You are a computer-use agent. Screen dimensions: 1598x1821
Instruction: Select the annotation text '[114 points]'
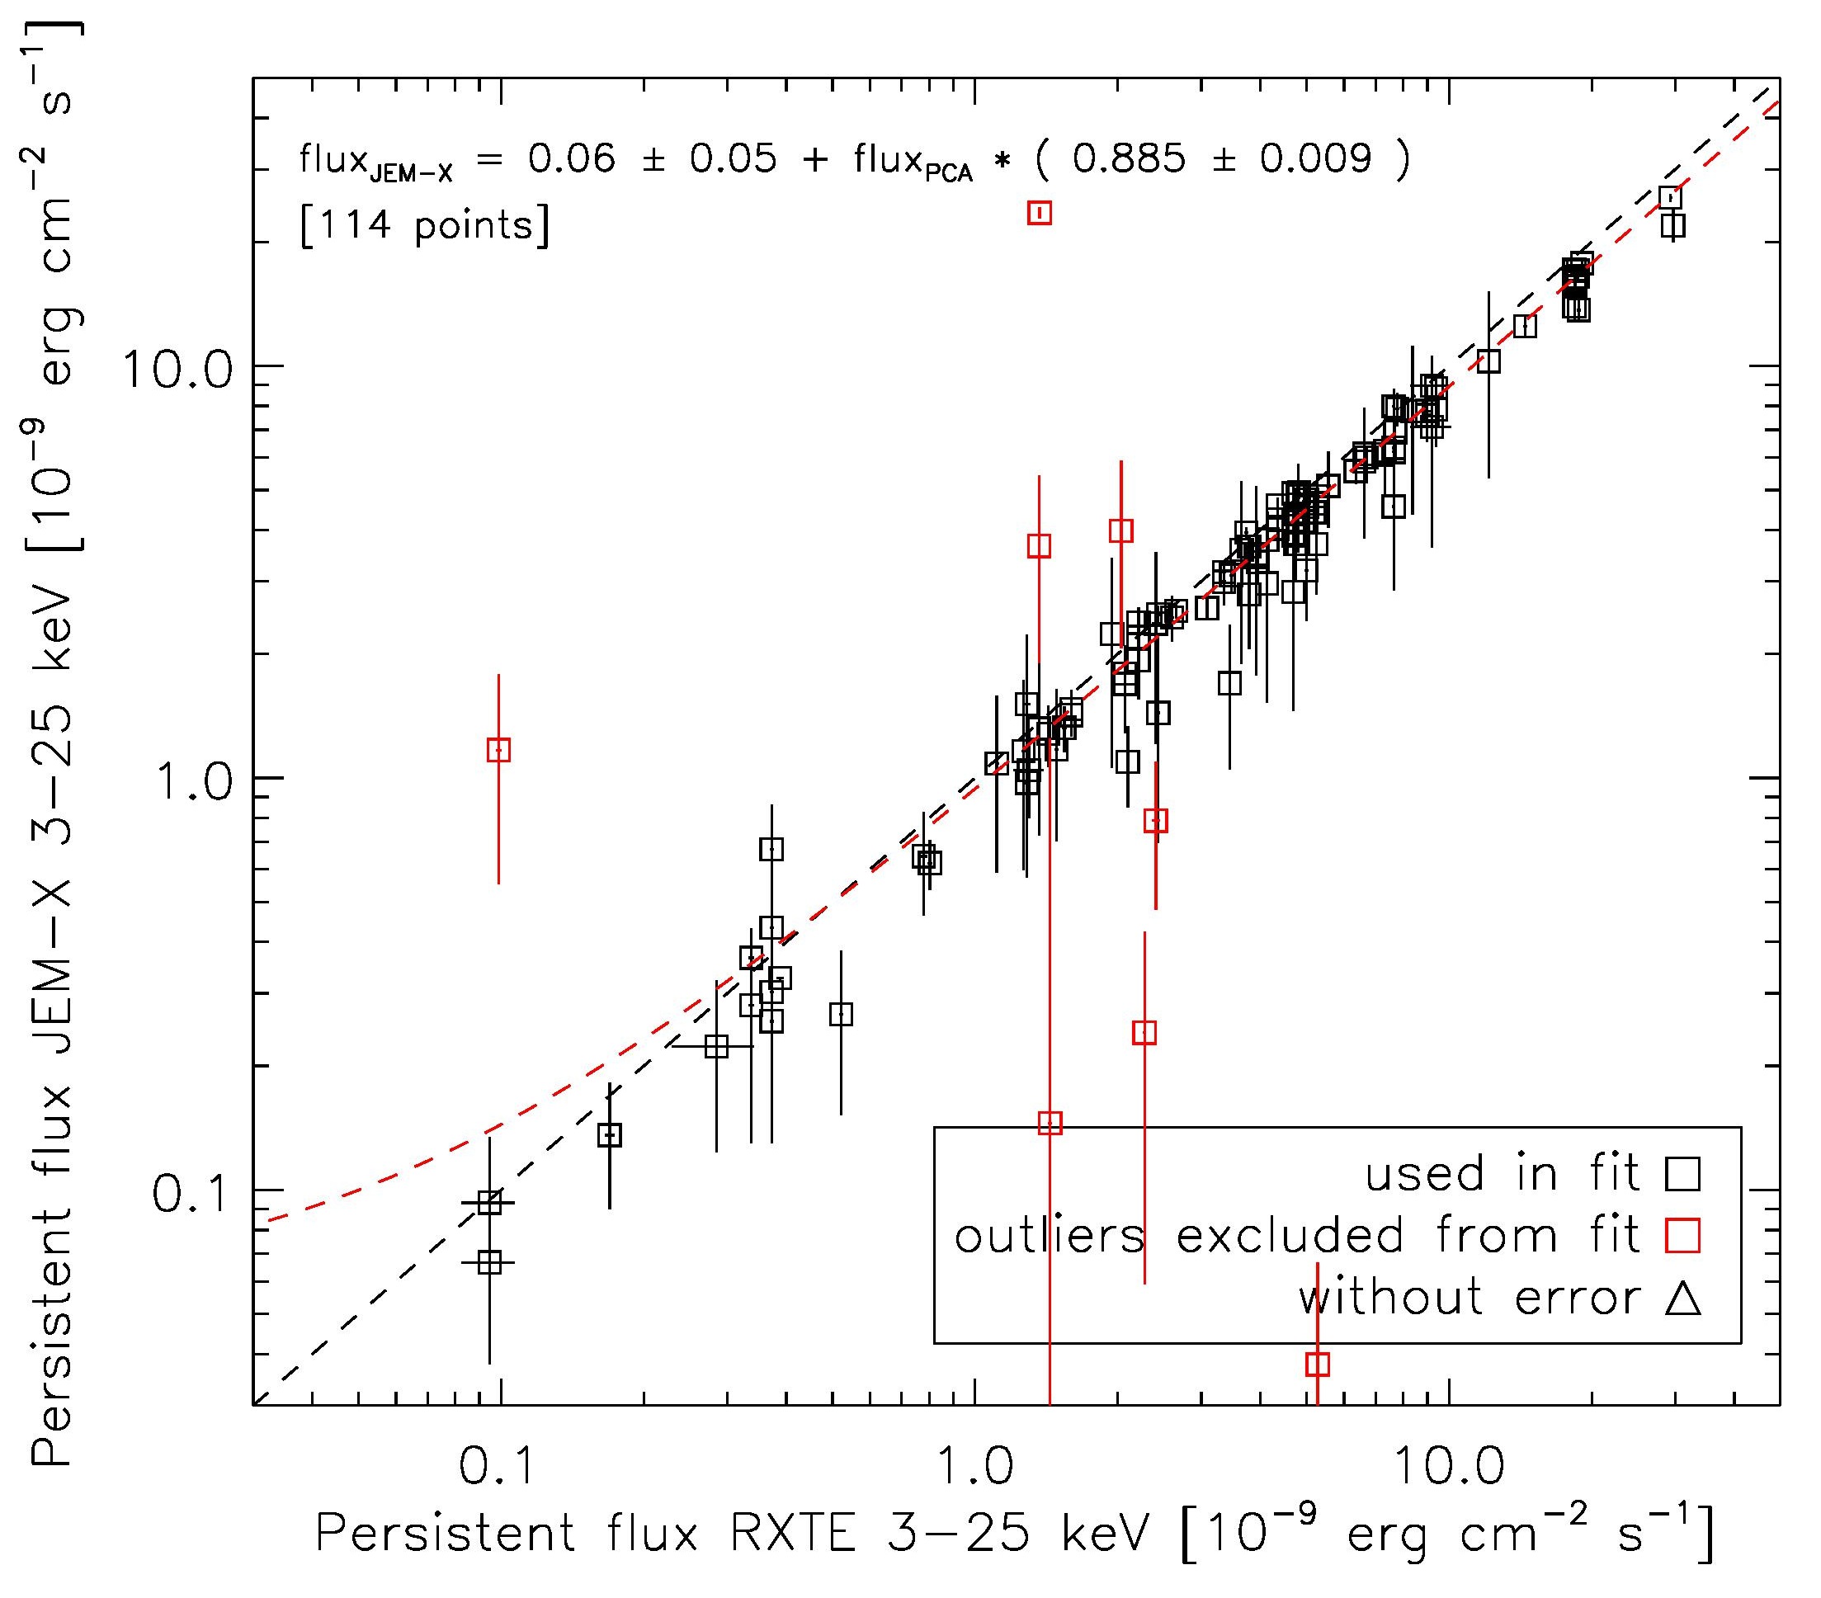tap(426, 226)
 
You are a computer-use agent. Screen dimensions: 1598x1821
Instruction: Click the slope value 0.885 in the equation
tap(1129, 159)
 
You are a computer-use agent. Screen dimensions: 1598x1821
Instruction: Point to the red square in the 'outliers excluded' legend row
tap(1682, 1236)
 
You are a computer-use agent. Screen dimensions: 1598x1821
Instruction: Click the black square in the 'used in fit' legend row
tap(1682, 1174)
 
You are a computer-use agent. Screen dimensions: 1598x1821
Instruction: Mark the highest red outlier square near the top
tap(1040, 213)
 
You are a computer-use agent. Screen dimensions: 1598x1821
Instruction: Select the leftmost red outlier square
tap(499, 750)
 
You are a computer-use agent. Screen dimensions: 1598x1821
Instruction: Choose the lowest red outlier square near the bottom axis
tap(1318, 1364)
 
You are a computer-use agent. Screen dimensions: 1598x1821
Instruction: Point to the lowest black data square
tap(489, 1262)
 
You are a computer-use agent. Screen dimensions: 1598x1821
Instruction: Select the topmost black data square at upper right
tap(1671, 197)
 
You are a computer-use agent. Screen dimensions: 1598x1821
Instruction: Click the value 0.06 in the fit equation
tap(571, 159)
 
